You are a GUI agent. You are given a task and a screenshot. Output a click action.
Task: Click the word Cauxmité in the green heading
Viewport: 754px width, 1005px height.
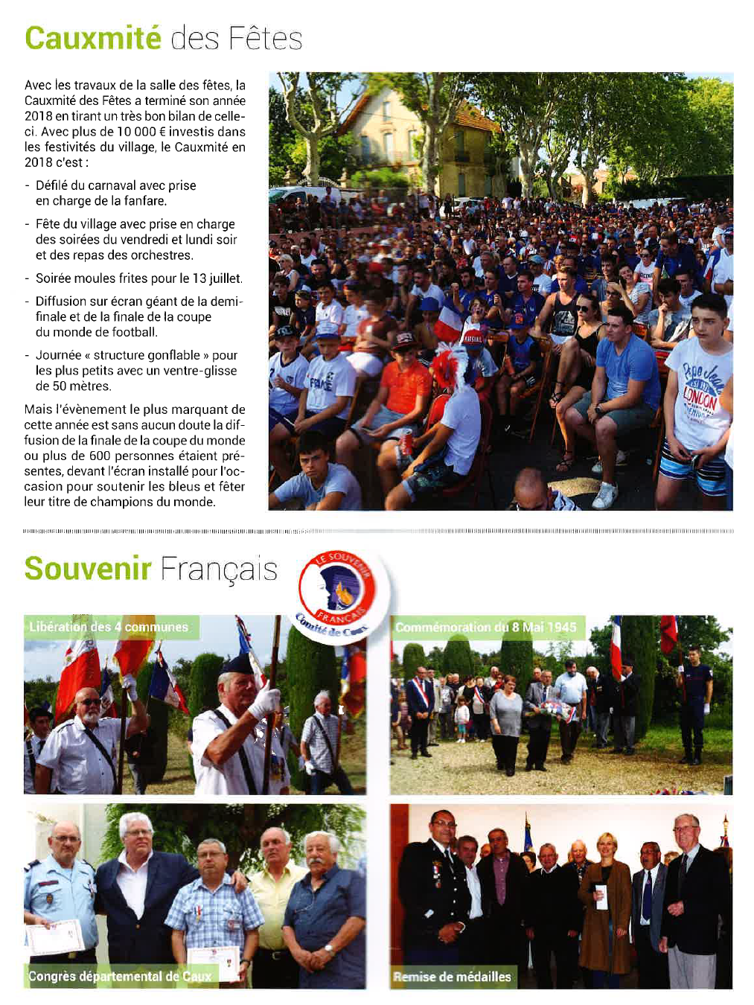pos(92,38)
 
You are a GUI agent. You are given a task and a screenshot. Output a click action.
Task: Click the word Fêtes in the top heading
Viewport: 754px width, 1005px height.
pos(265,38)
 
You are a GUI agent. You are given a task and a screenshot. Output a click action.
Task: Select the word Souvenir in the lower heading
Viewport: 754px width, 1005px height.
pos(88,569)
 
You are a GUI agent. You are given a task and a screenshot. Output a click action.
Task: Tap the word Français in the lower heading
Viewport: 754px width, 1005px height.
pos(218,569)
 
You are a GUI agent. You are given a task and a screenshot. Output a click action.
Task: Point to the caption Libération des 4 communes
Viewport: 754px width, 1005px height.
pos(109,627)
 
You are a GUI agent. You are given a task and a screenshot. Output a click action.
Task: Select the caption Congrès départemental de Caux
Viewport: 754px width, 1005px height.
pos(120,976)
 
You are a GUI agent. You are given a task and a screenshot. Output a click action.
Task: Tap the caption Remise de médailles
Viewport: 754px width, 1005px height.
pos(453,977)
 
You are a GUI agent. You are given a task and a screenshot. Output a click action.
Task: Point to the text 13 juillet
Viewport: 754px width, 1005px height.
pos(217,278)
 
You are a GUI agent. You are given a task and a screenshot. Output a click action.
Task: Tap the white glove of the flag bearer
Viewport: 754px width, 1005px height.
pos(264,700)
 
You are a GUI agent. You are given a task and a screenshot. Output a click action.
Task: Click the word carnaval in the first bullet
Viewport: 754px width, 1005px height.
pos(112,185)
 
